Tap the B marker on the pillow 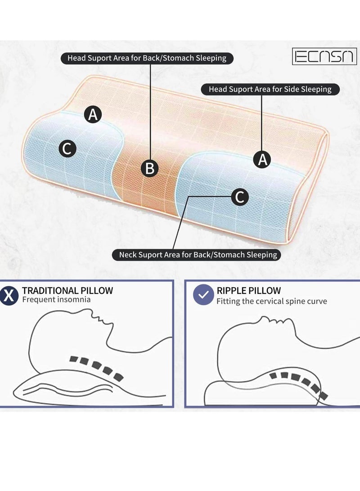150,168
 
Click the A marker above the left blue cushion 93,115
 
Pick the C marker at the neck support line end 240,197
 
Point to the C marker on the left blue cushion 67,149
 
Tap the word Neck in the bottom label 128,255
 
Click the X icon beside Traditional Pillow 8,295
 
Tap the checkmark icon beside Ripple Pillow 203,295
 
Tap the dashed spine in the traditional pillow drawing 95,367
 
